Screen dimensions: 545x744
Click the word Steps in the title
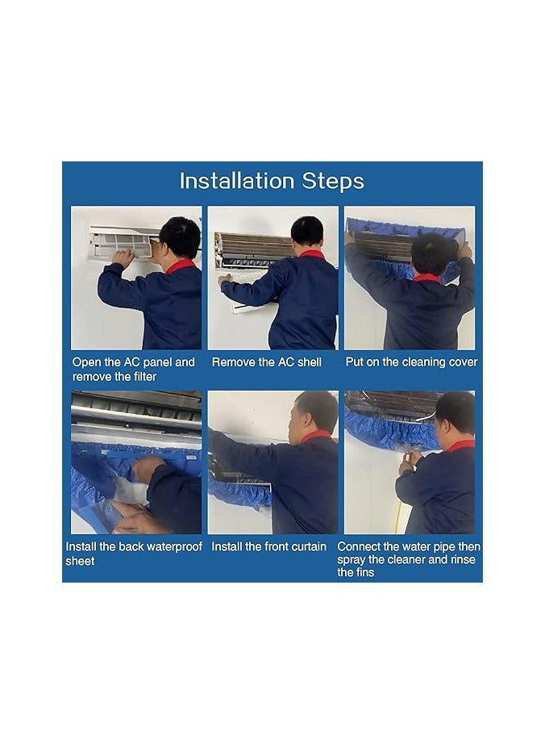[x=334, y=182]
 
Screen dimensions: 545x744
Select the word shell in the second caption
[x=310, y=362]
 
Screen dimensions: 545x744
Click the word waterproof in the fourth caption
[x=174, y=547]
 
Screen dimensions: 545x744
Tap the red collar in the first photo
[x=181, y=266]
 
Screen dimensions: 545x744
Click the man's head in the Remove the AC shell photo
[x=307, y=231]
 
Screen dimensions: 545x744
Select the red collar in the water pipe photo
[x=460, y=446]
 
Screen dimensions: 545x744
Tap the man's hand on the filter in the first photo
[x=123, y=258]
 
